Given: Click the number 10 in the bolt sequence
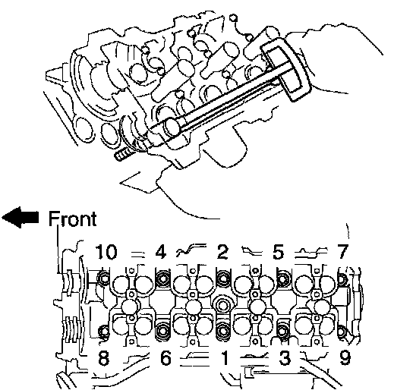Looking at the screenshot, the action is coord(106,252).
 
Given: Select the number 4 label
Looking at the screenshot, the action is coord(161,252).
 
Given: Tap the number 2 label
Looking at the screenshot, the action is coord(223,252).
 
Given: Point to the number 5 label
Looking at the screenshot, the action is coord(279,252).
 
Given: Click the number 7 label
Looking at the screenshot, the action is coord(342,252).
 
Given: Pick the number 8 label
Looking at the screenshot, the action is coord(103,357).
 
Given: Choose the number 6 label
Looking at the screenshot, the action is coord(166,357).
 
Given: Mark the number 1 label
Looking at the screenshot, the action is coord(225,357).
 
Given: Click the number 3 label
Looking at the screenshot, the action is coord(285,357).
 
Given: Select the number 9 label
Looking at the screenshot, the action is coord(345,357).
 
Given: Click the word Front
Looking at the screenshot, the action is coord(73,219).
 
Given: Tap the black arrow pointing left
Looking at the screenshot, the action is coord(20,217).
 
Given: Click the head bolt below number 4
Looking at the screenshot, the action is coord(162,278).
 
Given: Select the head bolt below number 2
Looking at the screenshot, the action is coord(223,278).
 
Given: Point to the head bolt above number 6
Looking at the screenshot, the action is coord(162,331).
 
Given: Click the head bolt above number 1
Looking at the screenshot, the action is coord(223,331).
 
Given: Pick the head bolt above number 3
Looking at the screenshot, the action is coord(283,331).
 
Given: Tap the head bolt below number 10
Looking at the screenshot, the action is coord(103,278).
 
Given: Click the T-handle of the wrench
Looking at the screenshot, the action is coord(286,70).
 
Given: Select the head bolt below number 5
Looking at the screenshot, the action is coord(283,278).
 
